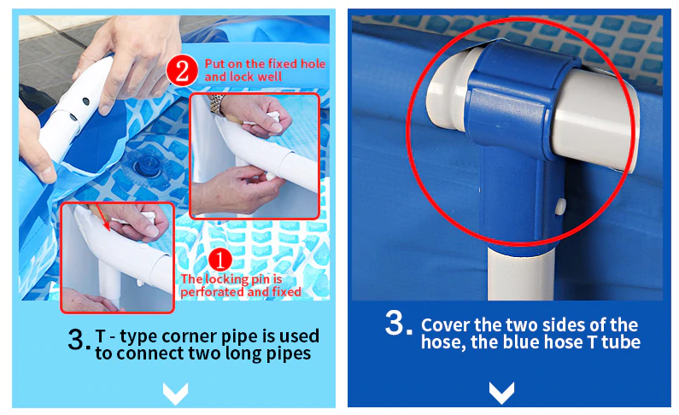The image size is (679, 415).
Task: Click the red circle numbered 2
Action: pos(182,70)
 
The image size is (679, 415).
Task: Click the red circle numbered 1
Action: pos(220,260)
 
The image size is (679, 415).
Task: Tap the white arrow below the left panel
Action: pos(175,393)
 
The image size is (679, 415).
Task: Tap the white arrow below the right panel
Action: pos(501,393)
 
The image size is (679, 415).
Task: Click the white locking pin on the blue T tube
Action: pos(560,207)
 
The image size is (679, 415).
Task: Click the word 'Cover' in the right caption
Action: pos(445,324)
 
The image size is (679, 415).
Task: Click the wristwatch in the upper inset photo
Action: pos(217,104)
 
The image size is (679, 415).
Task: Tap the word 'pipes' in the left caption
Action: pos(289,354)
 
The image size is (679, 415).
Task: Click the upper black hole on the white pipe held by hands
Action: pos(85,102)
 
